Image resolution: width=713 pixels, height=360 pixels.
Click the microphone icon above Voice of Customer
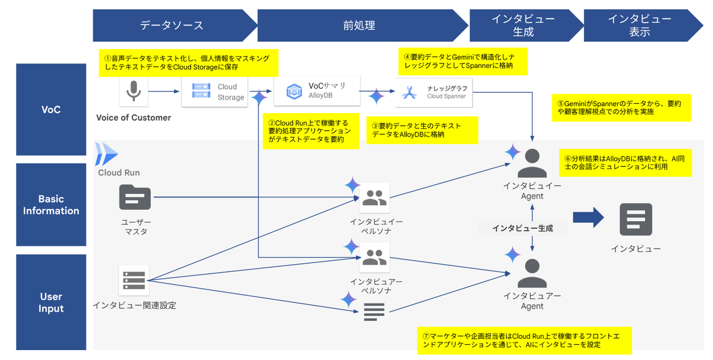[133, 92]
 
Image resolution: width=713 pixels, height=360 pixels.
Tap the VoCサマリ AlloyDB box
[317, 91]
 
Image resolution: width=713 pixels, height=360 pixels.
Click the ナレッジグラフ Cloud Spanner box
[434, 92]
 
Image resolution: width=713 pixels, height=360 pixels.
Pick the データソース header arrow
[172, 25]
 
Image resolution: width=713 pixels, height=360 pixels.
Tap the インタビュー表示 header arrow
[640, 25]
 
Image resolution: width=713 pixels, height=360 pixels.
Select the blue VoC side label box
[51, 109]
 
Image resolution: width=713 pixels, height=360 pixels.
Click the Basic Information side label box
[51, 205]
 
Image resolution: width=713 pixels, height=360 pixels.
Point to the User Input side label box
[51, 302]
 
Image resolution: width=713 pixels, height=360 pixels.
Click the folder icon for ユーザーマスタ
[135, 198]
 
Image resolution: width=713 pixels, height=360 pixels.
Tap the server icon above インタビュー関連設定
[134, 280]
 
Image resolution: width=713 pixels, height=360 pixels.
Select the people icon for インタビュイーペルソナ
[375, 198]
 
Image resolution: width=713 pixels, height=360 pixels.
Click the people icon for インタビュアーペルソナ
[375, 258]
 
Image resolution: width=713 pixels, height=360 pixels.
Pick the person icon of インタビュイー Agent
[532, 163]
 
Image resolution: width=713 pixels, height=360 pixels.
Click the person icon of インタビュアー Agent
[532, 272]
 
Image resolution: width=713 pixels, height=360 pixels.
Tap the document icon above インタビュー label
[636, 220]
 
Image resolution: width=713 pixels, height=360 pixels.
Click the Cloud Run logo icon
[106, 154]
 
